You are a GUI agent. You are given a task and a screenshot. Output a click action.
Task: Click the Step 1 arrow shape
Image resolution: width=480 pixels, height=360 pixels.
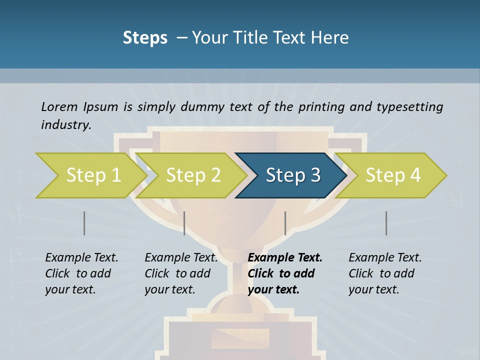coord(93,175)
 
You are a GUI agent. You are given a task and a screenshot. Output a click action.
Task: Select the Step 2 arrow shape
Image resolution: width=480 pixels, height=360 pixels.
coord(193,175)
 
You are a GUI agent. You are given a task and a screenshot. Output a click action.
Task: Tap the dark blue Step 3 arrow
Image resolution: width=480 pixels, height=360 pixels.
coord(292,175)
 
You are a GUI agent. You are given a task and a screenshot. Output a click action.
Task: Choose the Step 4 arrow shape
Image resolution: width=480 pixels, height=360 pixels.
coord(392,175)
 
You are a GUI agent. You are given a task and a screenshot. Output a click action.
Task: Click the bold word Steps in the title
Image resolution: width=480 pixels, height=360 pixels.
coord(145,38)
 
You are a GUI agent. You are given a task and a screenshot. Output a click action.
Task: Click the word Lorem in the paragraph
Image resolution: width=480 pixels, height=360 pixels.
coord(59,106)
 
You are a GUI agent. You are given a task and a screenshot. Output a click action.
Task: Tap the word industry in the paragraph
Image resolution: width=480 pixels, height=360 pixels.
coord(66,125)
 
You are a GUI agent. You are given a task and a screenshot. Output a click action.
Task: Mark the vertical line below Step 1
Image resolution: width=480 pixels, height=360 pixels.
coord(84,223)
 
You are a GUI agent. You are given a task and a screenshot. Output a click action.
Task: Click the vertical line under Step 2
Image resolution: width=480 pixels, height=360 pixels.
coord(184,223)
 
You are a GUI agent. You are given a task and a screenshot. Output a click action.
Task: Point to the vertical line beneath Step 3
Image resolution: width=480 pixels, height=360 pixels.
coord(285,223)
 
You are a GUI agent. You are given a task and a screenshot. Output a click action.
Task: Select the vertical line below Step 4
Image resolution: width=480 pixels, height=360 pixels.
coord(386,223)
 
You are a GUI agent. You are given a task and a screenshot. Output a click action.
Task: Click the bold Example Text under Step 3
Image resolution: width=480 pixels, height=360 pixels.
coord(285,258)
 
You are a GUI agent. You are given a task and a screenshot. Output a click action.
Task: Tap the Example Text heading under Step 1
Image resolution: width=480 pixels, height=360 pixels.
coord(81,258)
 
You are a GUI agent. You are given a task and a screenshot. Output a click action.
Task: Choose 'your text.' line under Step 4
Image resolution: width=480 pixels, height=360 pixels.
coord(373,289)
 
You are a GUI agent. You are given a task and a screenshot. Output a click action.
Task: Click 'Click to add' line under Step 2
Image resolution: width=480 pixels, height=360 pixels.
coord(177,274)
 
